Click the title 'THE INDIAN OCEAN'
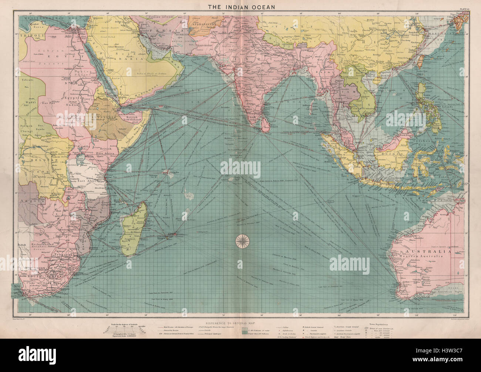(x=240, y=6)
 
